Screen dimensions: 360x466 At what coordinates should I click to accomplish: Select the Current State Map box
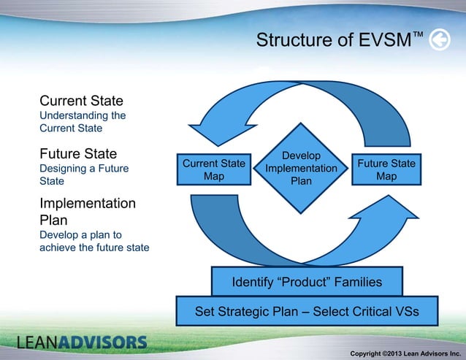[213, 169]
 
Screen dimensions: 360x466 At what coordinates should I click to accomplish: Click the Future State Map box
[386, 169]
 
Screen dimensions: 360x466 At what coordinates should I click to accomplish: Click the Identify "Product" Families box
[306, 281]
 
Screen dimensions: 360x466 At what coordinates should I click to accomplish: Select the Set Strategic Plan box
[307, 312]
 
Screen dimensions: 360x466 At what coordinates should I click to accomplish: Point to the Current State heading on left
[81, 100]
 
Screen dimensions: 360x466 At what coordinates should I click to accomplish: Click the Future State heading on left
[78, 154]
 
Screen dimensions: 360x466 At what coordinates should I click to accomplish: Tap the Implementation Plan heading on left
[87, 212]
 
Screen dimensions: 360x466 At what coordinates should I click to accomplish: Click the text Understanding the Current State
[83, 122]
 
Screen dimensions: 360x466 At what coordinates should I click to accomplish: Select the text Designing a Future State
[83, 175]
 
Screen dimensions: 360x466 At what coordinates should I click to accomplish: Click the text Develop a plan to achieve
[93, 242]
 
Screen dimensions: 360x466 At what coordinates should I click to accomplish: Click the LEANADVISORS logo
[82, 342]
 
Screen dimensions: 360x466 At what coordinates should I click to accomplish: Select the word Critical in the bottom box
[375, 312]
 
